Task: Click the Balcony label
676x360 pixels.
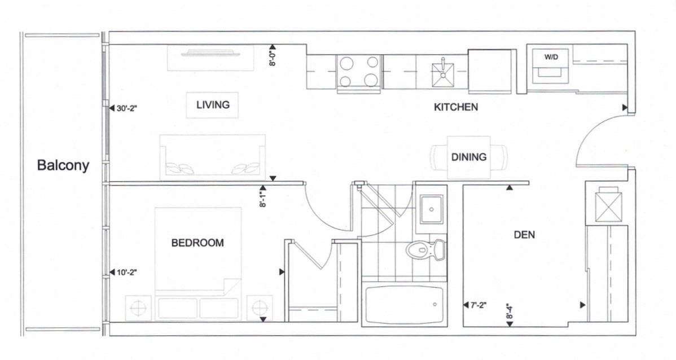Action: point(63,165)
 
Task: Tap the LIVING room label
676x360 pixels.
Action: point(213,105)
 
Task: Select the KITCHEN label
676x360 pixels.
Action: point(456,107)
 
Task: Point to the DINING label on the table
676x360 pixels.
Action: point(469,157)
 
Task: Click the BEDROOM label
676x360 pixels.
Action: point(197,243)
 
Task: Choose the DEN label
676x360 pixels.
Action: point(524,235)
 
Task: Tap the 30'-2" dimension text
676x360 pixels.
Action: point(126,108)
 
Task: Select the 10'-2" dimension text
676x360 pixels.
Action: point(126,272)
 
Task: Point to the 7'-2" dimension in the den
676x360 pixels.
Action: point(478,305)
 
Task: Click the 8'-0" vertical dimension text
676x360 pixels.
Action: point(273,58)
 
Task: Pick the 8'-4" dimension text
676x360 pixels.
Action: point(510,311)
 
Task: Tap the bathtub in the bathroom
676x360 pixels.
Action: point(405,304)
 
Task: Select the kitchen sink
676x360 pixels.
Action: point(443,74)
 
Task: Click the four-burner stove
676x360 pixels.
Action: point(359,72)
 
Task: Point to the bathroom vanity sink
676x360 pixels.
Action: point(432,209)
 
